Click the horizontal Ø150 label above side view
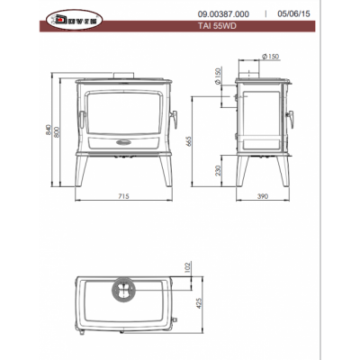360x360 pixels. click(x=271, y=57)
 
